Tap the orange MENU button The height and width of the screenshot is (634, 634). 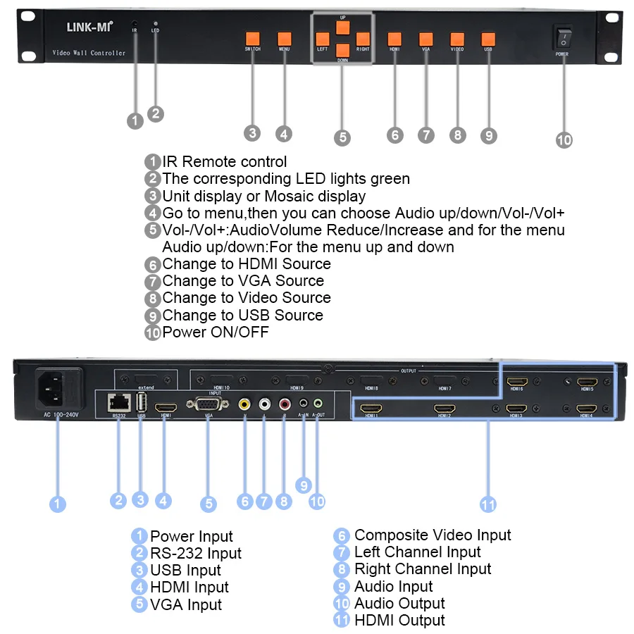pos(285,39)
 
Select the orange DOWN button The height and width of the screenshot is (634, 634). pos(342,50)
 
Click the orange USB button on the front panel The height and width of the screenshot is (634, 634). pos(488,39)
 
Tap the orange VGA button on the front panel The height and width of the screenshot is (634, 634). pos(426,39)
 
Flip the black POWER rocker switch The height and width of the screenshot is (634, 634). pos(562,37)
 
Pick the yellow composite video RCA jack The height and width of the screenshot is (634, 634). pos(244,404)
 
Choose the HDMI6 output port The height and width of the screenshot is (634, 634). pos(517,383)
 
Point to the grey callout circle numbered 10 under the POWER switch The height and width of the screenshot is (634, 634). pos(564,139)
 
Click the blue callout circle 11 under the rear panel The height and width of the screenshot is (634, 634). pos(487,504)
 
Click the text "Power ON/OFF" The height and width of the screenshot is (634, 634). pos(216,332)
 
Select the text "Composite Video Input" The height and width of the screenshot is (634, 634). pos(433,535)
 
